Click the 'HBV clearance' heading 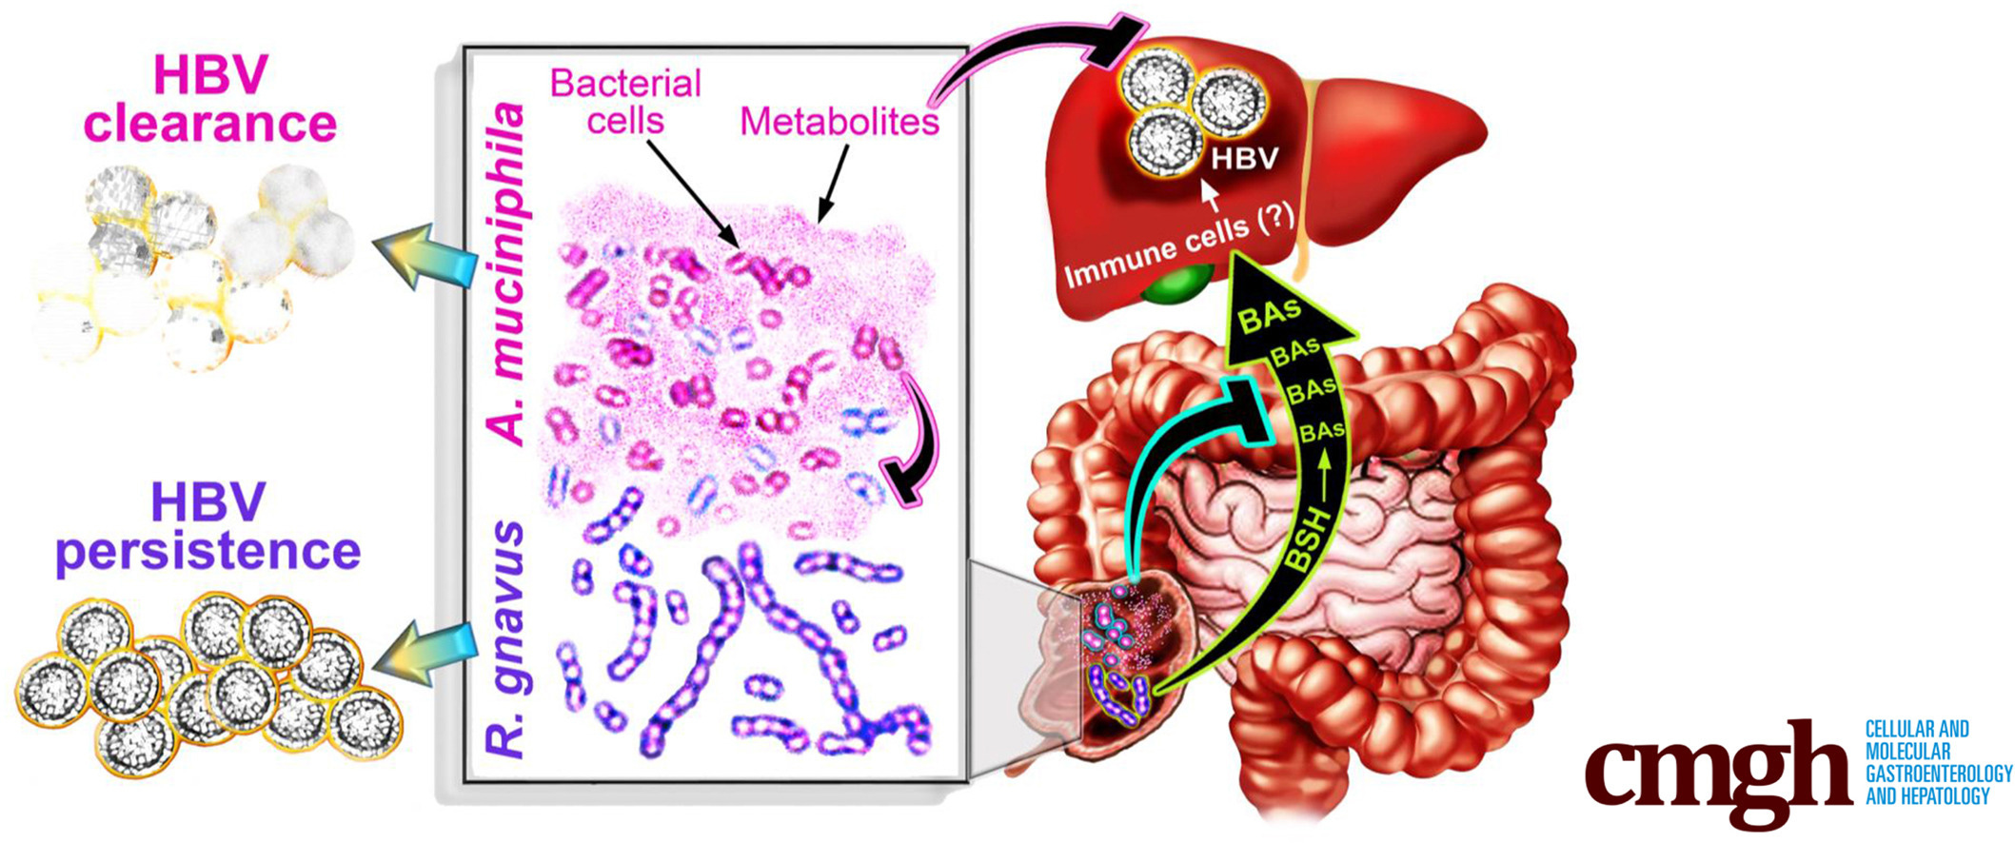pos(209,99)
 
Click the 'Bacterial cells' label pos(625,101)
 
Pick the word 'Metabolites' pos(840,122)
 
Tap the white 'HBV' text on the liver pos(1244,158)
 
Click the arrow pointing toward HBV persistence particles pos(424,653)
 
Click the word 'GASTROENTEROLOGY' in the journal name pos(1938,774)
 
